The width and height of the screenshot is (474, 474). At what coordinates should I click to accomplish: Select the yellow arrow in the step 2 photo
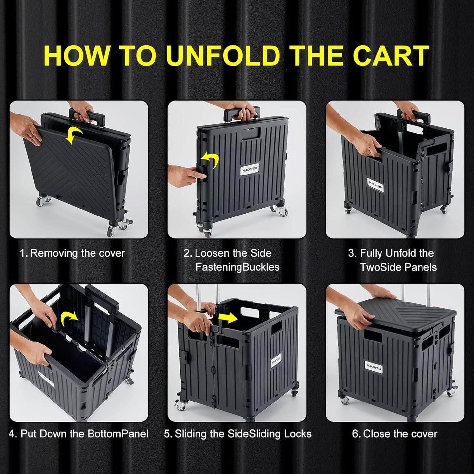pyautogui.click(x=210, y=160)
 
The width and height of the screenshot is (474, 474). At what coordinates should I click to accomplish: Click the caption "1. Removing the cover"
pyautogui.click(x=72, y=253)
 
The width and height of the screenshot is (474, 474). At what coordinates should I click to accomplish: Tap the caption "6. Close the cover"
pyautogui.click(x=395, y=434)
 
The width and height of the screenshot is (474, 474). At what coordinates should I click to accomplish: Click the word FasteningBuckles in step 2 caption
pyautogui.click(x=237, y=267)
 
